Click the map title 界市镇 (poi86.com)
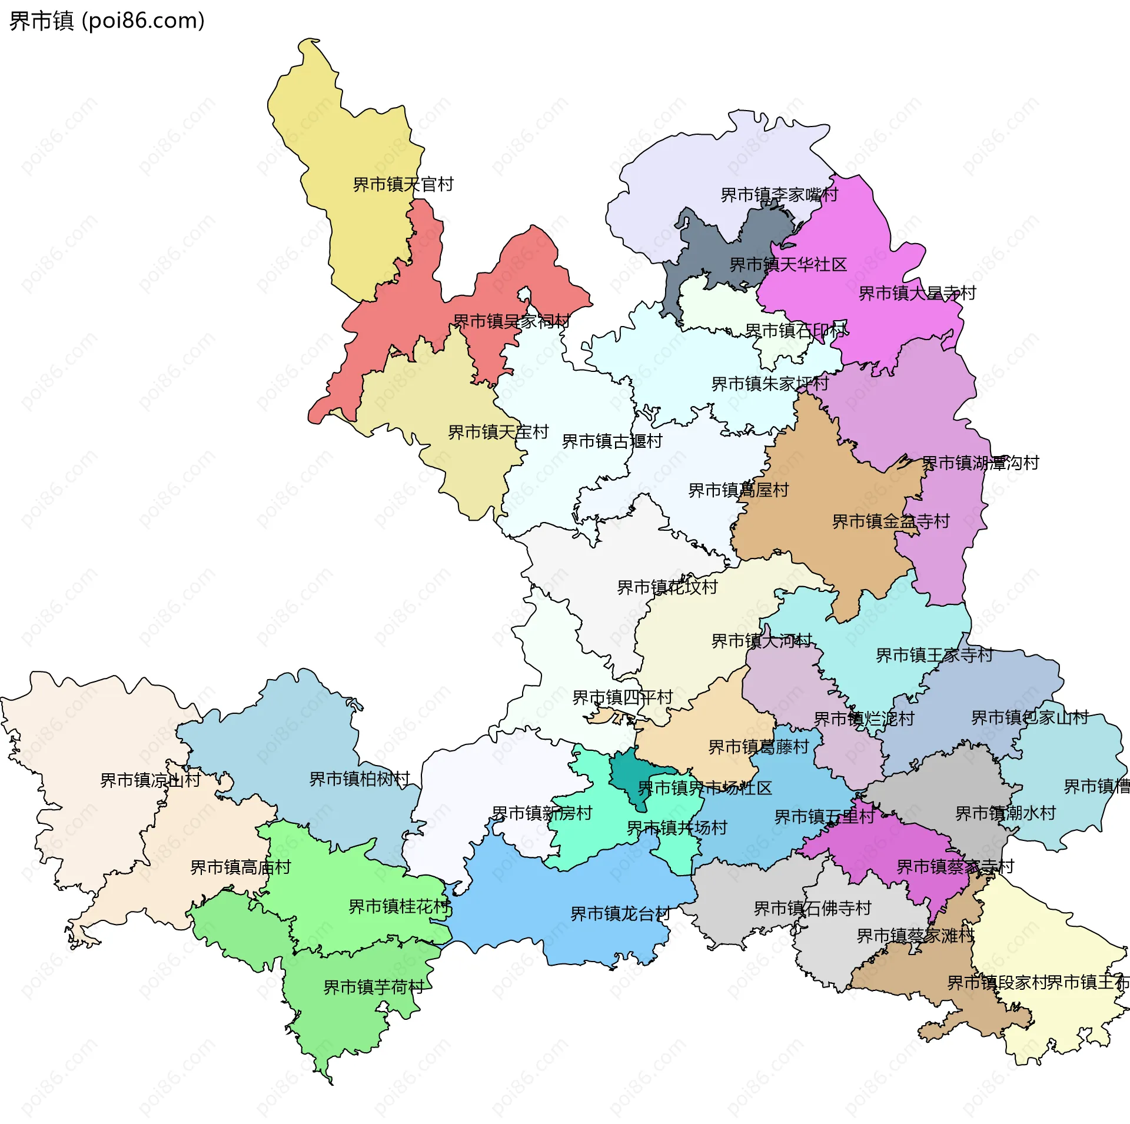pos(107,21)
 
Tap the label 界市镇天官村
pos(403,185)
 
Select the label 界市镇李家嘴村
pos(779,195)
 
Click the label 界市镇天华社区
pos(788,265)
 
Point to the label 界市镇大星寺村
pos(917,293)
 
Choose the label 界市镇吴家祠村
pos(511,321)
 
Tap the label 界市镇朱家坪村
pos(770,384)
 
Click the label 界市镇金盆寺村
pos(890,521)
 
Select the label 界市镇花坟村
pos(667,587)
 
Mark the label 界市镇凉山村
pos(150,780)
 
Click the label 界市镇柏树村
pos(360,779)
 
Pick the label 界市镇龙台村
pos(620,914)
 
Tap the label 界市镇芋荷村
pos(374,987)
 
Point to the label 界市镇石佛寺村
pos(812,909)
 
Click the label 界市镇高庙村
pos(241,867)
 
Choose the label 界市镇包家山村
pos(1029,718)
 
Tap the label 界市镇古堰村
pos(612,441)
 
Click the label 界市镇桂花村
pos(399,907)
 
